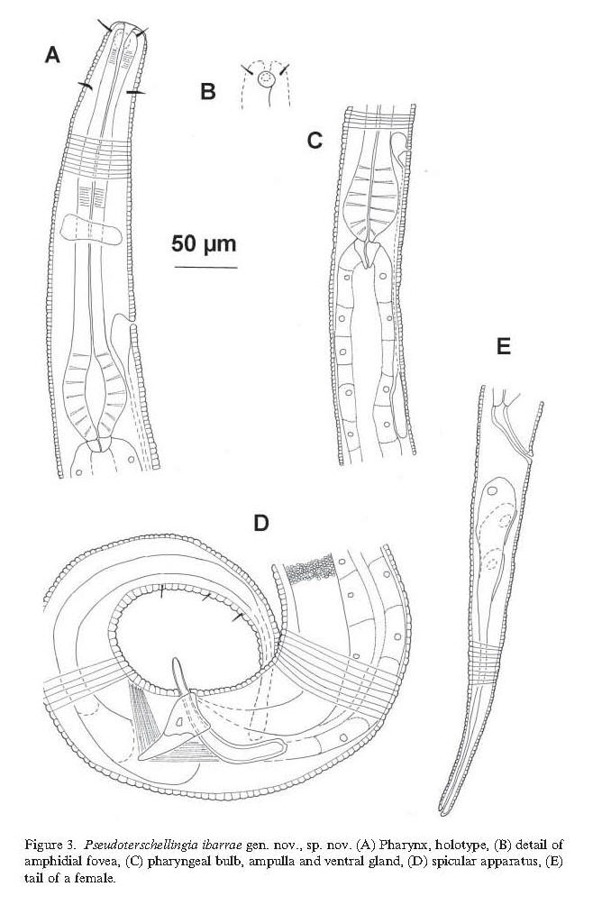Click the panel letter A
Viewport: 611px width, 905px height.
tap(52, 56)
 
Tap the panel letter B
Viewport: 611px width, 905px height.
tap(208, 91)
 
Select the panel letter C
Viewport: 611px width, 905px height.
tap(315, 141)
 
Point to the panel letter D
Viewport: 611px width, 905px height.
tap(261, 523)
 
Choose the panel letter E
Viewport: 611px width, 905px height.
tap(503, 347)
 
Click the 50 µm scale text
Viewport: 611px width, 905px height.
tap(204, 244)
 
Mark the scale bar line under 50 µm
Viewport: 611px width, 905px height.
tap(205, 268)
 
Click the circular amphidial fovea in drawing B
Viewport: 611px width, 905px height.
tap(265, 79)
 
